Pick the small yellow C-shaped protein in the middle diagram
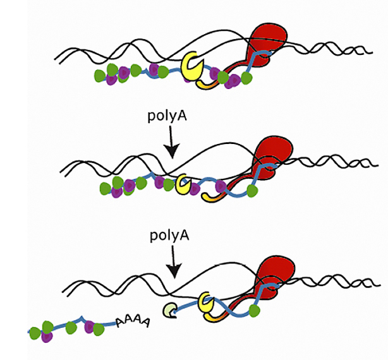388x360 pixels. tap(183, 183)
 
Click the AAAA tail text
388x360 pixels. tap(133, 322)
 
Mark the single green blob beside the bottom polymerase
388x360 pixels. tap(255, 311)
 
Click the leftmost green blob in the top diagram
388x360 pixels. tap(100, 76)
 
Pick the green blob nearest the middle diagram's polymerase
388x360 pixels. tap(253, 190)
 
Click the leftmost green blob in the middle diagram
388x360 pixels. tap(105, 188)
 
